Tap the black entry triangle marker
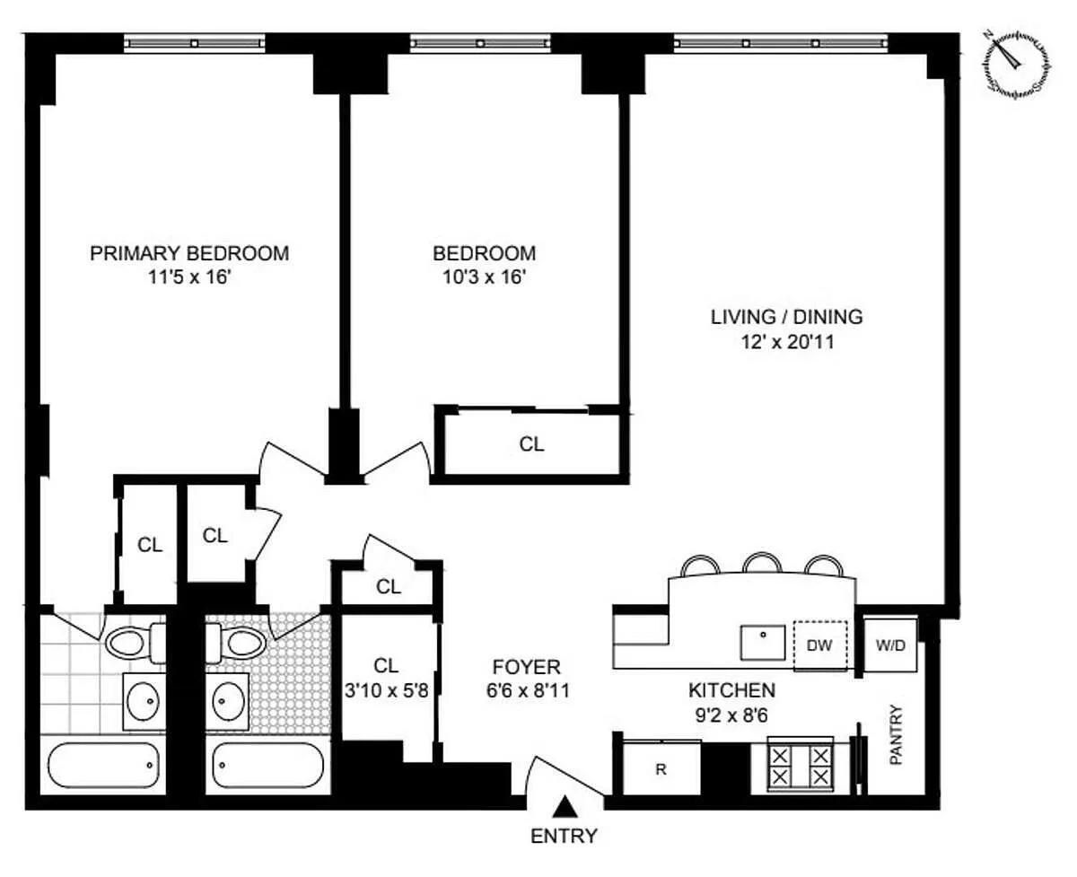pos(564,806)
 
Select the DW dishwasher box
pos(819,645)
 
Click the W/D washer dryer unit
pos(890,645)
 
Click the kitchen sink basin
pos(763,643)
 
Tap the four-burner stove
pos(801,766)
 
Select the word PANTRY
pos(896,734)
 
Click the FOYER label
pos(527,667)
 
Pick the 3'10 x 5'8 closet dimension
pos(386,690)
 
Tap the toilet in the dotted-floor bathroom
pos(236,644)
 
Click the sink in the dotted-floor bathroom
pos(227,701)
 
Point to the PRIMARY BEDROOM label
pos(189,253)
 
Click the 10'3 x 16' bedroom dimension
pos(485,277)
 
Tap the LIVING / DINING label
pos(787,317)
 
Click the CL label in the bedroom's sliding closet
pos(531,444)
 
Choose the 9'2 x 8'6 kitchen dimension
pos(731,715)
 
